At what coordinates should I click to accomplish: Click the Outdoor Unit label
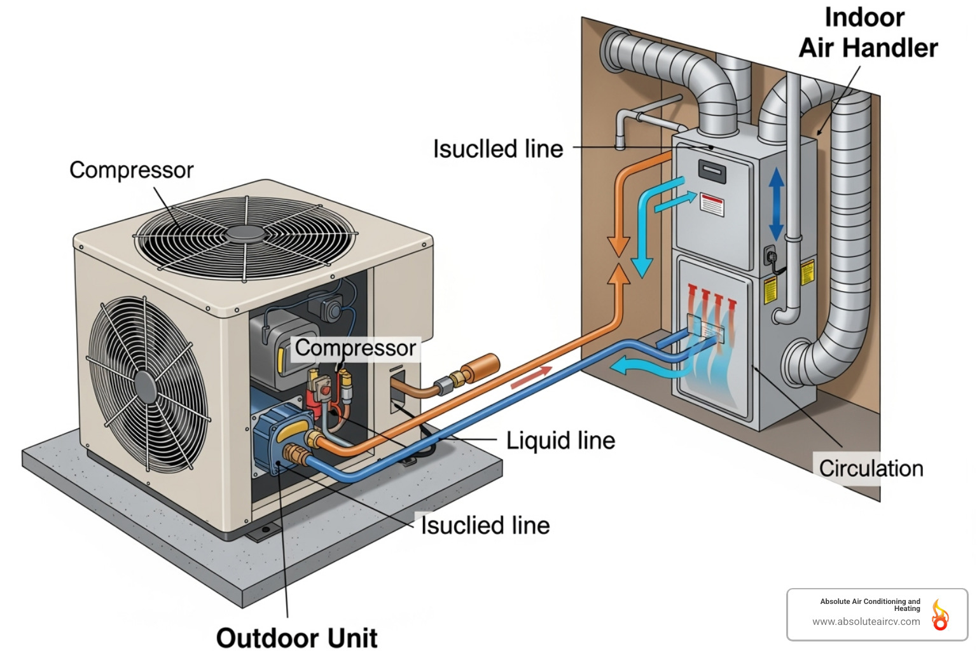coord(296,638)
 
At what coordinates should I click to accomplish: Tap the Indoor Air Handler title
coord(868,33)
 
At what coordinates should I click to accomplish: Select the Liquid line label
coord(560,441)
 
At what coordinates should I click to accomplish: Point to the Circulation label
coord(870,469)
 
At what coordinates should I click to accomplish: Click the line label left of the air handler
coord(498,149)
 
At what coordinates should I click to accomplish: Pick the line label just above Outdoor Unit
coord(485,526)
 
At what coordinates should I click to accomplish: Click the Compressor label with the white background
coord(355,348)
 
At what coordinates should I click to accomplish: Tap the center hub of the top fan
coord(246,233)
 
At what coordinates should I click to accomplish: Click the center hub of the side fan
coord(146,387)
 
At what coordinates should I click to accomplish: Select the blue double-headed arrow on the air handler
coord(776,204)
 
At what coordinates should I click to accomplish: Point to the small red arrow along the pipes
coord(532,377)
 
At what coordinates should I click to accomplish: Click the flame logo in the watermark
coord(939,615)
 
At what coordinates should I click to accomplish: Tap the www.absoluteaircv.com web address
coord(866,622)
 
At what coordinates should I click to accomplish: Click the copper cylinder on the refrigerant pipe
coord(480,367)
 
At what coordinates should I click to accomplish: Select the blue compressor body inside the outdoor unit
coord(280,439)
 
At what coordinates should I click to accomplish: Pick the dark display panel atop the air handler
coord(712,170)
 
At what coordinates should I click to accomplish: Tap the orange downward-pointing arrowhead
coord(618,245)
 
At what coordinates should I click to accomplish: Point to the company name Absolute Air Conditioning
coord(870,601)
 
